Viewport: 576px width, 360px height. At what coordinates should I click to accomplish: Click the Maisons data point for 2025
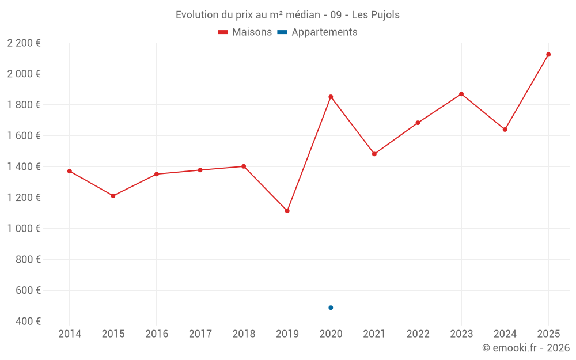548,55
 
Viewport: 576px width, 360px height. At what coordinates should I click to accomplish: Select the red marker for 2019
287,211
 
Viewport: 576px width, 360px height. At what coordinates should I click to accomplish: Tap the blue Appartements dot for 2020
331,308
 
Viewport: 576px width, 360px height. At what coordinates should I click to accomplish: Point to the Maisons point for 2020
331,97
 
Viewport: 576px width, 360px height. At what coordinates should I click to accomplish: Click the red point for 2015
113,196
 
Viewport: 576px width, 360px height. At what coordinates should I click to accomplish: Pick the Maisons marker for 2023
461,94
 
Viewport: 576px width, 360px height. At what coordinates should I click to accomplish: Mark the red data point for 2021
374,154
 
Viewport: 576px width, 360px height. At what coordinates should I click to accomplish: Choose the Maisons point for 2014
70,171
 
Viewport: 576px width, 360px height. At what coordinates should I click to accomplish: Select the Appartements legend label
324,32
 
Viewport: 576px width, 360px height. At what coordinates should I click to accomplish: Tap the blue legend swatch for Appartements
282,32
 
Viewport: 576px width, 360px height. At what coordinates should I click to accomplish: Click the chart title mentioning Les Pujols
287,15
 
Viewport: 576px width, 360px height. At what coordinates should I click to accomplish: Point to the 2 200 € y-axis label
24,43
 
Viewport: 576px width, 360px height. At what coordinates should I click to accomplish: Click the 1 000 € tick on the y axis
24,229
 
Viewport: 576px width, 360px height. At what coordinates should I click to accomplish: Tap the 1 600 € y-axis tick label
24,136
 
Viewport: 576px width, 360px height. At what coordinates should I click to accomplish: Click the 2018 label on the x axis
244,334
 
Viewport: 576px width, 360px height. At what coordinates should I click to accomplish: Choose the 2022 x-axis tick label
418,334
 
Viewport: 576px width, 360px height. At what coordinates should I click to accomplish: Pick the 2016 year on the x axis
157,334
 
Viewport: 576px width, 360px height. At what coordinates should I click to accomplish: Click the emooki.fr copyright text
525,348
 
